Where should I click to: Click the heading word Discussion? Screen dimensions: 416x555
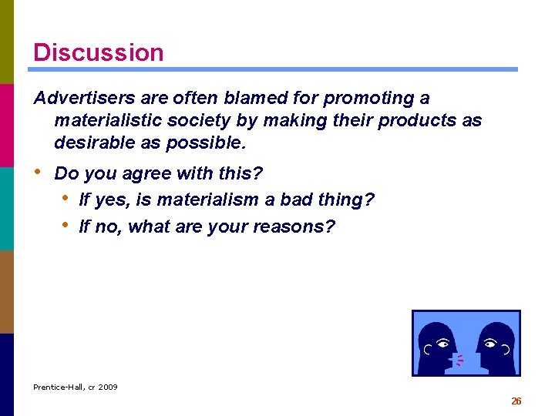click(x=98, y=52)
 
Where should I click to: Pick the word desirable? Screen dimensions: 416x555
click(x=92, y=143)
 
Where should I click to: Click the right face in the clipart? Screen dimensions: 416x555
click(x=493, y=344)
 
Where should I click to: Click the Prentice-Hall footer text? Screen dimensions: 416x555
click(x=76, y=387)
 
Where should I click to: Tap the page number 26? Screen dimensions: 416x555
click(x=516, y=401)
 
